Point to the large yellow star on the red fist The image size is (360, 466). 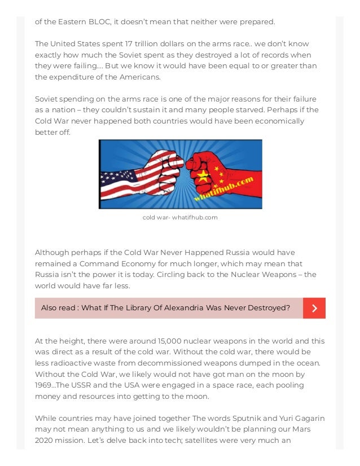tap(203, 175)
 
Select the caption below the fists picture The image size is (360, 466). tap(180, 217)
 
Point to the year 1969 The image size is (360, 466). tap(46, 385)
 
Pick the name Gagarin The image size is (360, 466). tap(308, 418)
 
